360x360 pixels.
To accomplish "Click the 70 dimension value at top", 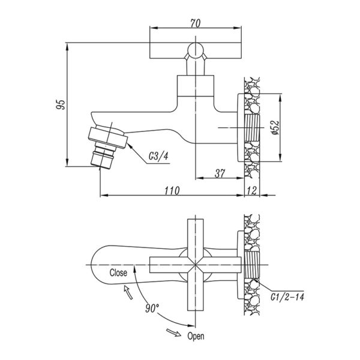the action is [x=196, y=23].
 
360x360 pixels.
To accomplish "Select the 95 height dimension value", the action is [x=61, y=104].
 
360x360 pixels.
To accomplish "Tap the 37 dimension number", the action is [x=220, y=173].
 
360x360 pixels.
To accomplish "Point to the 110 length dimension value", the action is [x=172, y=191].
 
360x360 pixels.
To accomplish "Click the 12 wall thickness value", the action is [x=252, y=191].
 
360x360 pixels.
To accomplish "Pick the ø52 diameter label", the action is [x=275, y=127].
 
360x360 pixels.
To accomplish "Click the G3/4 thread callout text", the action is [x=158, y=157].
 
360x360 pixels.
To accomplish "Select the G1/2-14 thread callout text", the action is [x=287, y=297].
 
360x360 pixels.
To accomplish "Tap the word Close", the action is [x=118, y=273].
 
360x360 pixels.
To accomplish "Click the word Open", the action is [x=196, y=337].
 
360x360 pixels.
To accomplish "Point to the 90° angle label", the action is [x=152, y=308].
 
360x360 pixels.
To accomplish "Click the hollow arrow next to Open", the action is [x=174, y=332].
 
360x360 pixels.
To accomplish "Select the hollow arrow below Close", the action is [x=128, y=292].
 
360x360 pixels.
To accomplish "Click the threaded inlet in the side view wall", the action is [x=252, y=128].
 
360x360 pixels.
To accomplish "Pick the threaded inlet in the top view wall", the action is [x=252, y=265].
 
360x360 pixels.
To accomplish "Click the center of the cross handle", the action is [x=195, y=265].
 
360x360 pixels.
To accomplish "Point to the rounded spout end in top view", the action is [x=97, y=265].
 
